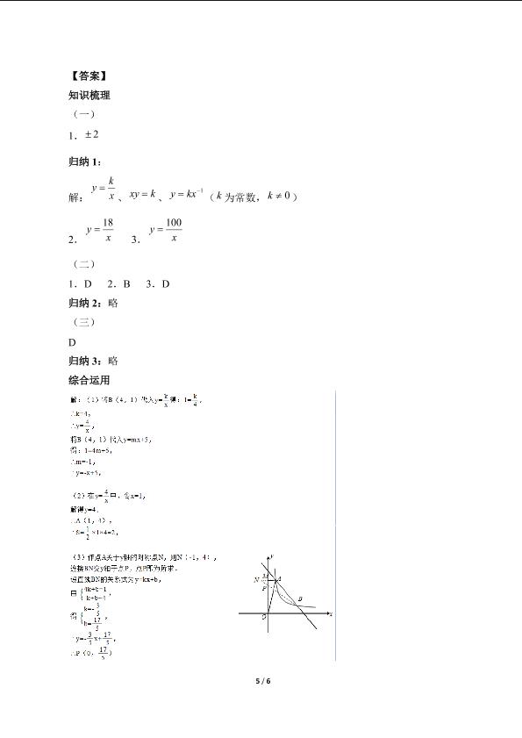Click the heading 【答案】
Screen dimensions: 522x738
88,75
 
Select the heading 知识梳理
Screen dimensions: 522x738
89,96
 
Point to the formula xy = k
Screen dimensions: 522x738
142,194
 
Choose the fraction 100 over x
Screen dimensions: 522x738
173,231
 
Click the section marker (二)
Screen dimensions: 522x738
82,263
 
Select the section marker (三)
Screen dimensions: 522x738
82,321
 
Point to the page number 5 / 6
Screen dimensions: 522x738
261,680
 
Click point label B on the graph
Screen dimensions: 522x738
300,599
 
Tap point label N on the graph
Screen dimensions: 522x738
256,579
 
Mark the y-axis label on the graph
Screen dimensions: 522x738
275,556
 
